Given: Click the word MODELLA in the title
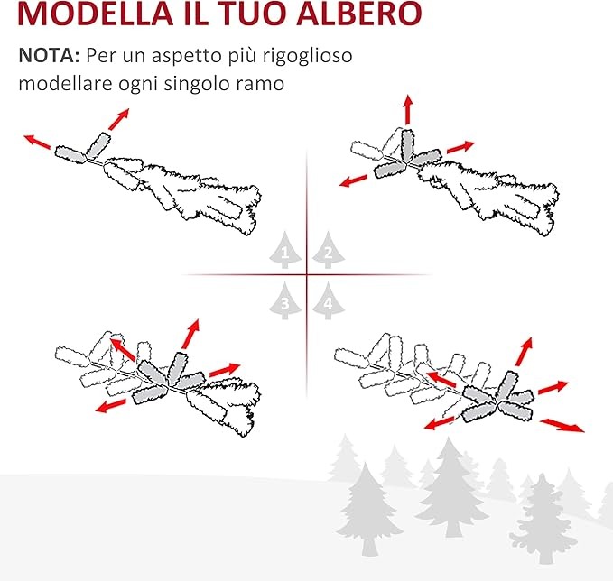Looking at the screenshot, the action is point(96,14).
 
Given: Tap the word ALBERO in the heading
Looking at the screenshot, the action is point(359,14).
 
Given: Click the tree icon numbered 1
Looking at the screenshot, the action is point(285,250).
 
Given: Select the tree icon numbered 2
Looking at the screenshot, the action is point(329,250).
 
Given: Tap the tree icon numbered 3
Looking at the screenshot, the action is point(285,300).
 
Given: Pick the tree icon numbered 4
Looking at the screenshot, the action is point(329,300).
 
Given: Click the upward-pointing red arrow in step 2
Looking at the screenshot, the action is point(408,109).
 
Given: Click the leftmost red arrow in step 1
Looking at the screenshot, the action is point(37,142).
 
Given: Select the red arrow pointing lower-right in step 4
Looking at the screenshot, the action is point(562,425).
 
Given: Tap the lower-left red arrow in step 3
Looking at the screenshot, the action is point(111,406).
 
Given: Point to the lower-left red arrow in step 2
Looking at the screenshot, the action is point(354,180).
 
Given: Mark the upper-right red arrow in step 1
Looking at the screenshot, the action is point(118,119).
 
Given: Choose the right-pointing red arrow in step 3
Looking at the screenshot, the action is point(225,370).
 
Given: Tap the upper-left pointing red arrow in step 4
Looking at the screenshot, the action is point(441,379).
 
